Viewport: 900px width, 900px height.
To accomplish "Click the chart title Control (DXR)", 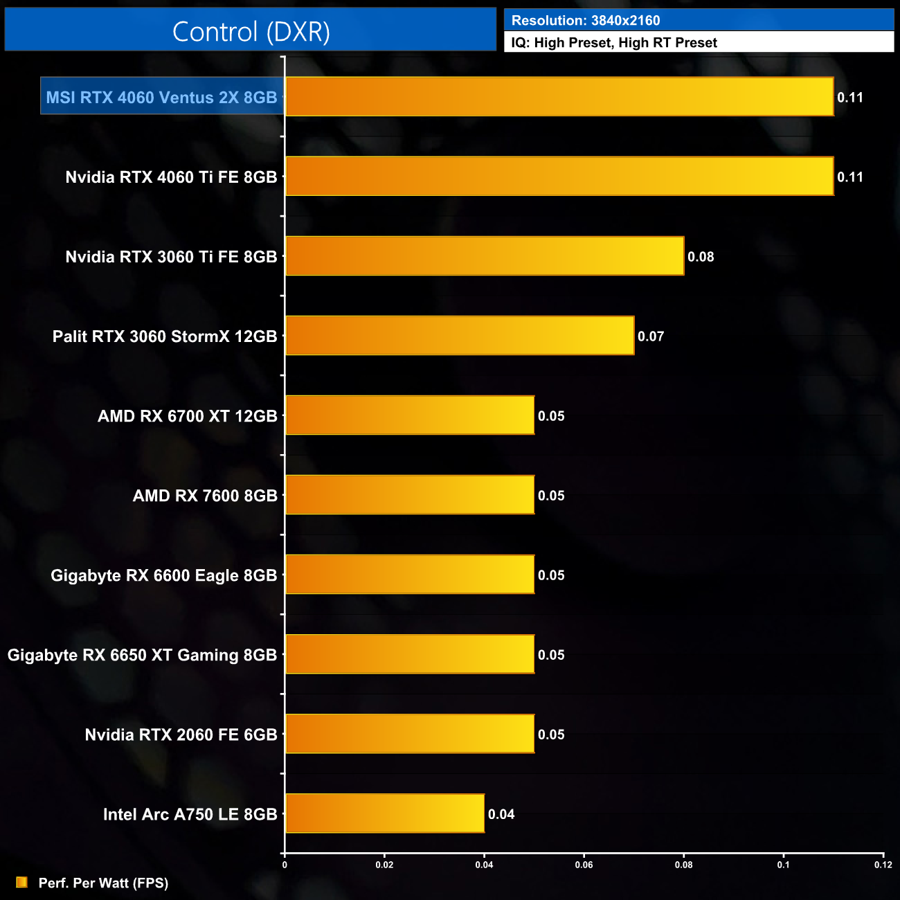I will tap(251, 32).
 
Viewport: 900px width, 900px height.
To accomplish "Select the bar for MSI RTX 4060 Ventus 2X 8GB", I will tap(559, 97).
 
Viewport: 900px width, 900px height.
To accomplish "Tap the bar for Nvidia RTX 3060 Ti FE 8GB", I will tap(485, 256).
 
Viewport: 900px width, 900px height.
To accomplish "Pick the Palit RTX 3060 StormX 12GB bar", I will tap(460, 336).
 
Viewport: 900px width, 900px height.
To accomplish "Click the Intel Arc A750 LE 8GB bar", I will tap(385, 813).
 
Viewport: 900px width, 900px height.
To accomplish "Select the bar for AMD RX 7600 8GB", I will tap(410, 495).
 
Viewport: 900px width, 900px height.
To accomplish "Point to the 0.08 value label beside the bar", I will tap(701, 257).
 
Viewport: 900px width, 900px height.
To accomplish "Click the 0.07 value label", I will tap(651, 336).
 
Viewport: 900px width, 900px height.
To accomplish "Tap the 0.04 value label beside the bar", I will tap(501, 814).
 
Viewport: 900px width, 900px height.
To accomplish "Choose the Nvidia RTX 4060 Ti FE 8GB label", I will tap(171, 177).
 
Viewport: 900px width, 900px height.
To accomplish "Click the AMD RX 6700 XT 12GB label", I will tap(187, 416).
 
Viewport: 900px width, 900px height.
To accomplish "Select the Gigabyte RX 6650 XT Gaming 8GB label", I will tap(142, 655).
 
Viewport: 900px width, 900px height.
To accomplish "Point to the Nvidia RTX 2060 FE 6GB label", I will tap(181, 735).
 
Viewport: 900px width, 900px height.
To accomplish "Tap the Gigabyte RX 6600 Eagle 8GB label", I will tap(163, 575).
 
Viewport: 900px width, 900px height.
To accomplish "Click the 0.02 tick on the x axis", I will tap(384, 865).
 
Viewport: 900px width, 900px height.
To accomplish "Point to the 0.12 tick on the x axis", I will tap(883, 865).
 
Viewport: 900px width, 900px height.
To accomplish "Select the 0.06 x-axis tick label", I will tap(584, 865).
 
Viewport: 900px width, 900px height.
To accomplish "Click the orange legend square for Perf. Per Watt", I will tap(21, 882).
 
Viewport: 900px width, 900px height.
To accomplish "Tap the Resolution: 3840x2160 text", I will tap(586, 21).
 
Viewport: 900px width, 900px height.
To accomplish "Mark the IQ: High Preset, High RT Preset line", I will tap(614, 43).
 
